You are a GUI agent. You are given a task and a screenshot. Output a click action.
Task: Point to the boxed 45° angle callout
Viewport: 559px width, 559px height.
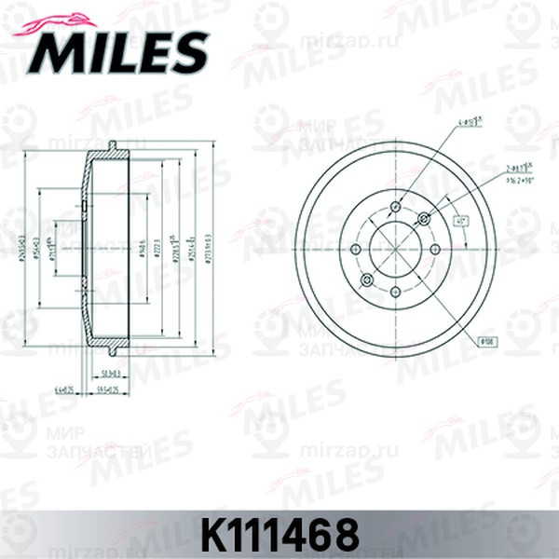pyautogui.click(x=460, y=221)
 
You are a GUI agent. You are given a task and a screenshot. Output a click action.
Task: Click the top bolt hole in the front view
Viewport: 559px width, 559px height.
pyautogui.click(x=395, y=206)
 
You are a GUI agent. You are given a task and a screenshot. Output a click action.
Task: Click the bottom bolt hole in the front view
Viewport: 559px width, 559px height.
pyautogui.click(x=395, y=293)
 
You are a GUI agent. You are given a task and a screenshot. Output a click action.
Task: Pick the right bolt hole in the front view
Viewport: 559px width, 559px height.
pyautogui.click(x=437, y=249)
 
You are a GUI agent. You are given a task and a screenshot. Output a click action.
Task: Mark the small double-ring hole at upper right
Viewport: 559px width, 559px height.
pyautogui.click(x=425, y=219)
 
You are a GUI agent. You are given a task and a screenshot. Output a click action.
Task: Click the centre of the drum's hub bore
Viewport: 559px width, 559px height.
pyautogui.click(x=395, y=249)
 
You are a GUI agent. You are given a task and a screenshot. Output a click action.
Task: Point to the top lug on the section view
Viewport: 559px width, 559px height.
pyautogui.click(x=112, y=147)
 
